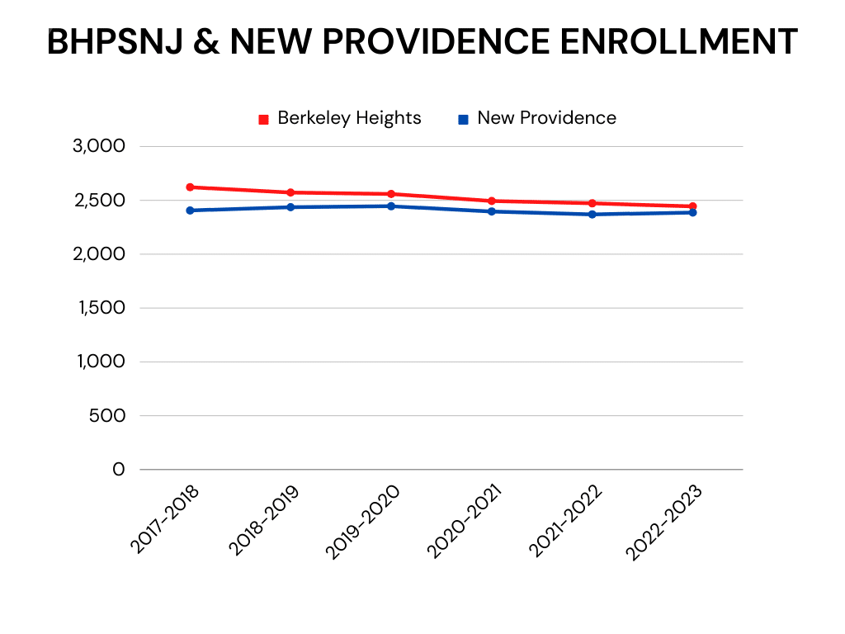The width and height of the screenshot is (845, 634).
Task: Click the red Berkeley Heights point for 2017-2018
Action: click(x=190, y=187)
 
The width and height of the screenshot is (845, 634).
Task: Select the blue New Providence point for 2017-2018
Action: click(x=190, y=211)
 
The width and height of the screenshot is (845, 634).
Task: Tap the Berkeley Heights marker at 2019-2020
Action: click(x=391, y=194)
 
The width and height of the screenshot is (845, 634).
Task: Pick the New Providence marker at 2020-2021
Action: click(x=492, y=211)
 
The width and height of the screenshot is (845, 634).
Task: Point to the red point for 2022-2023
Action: click(x=693, y=206)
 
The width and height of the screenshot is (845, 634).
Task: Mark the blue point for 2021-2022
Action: click(x=592, y=215)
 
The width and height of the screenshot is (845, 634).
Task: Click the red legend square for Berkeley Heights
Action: click(x=264, y=119)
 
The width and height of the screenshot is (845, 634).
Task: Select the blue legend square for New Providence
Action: click(x=464, y=119)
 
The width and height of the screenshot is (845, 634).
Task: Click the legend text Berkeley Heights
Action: click(x=349, y=118)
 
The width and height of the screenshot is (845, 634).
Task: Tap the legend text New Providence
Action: click(x=546, y=118)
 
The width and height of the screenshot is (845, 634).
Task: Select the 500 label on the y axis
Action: click(x=106, y=415)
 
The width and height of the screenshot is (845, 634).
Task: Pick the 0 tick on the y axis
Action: click(x=118, y=469)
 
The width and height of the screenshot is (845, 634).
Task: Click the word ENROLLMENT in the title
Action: click(x=678, y=42)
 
